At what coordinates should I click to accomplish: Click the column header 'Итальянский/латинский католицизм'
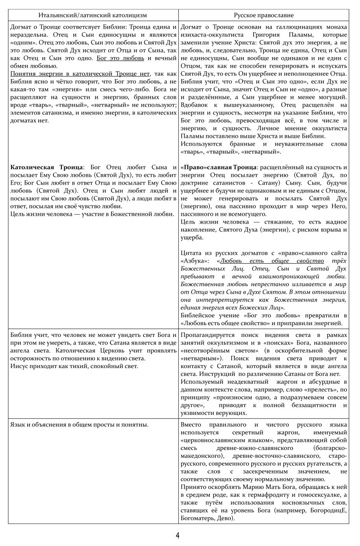coord(93,15)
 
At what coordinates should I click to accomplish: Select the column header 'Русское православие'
coord(264,15)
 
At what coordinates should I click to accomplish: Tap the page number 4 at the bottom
coord(178,535)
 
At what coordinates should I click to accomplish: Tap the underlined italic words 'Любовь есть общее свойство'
coord(272,261)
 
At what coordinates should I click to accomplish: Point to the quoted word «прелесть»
coord(313,390)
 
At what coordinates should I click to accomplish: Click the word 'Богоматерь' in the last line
coord(197,518)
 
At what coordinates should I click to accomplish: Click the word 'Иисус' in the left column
coord(19,366)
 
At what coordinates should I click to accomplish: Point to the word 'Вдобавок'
coord(194,105)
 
